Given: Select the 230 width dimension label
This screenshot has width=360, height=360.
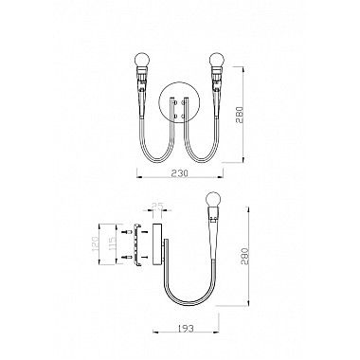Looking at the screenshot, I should (x=180, y=174).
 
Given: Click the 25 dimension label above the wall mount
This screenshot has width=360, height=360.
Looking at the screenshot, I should (x=157, y=204).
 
